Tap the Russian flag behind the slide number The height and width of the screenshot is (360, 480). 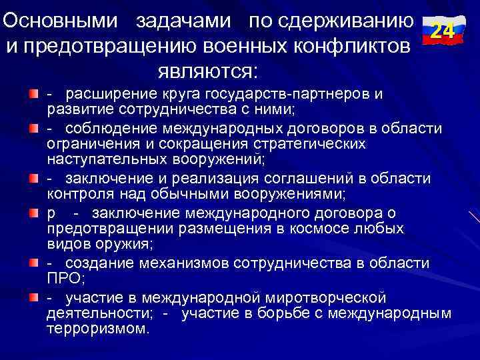pos(442,20)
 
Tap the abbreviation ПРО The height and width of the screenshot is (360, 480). pos(63,278)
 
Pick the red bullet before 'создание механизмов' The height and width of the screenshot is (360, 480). pos(34,263)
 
